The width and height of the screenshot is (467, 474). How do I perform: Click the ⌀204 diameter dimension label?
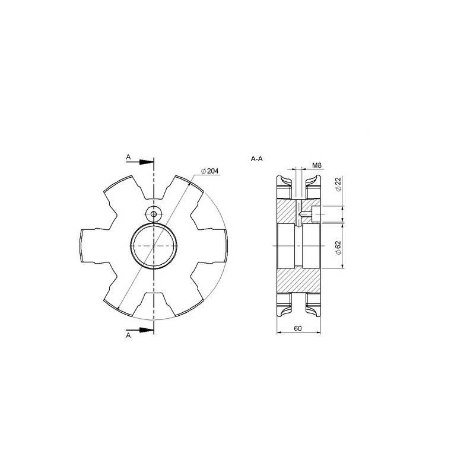[209, 171]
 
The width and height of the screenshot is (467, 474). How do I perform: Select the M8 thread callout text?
[317, 165]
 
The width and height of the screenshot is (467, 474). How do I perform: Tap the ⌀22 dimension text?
[338, 184]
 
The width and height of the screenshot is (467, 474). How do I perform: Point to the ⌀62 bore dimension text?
[338, 248]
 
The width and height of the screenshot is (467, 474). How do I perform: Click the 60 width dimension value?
[298, 328]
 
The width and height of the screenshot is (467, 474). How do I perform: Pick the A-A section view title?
[257, 159]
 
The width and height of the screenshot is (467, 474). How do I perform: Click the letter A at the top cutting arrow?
[128, 157]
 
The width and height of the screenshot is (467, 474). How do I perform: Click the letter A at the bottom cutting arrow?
[128, 335]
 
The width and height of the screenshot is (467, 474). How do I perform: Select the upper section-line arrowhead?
[147, 162]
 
